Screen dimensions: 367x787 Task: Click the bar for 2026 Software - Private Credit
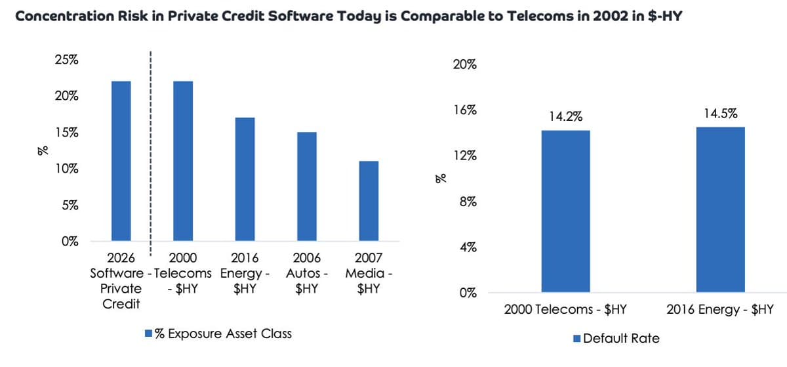tap(121, 161)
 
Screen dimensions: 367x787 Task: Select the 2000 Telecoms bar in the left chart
tap(183, 161)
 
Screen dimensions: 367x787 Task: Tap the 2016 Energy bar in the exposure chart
tap(245, 179)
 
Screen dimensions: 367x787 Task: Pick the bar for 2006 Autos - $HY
tap(306, 186)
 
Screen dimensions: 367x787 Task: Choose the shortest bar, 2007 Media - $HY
tap(369, 201)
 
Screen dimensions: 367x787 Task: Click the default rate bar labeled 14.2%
tap(566, 211)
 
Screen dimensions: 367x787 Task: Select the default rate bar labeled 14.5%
tap(719, 209)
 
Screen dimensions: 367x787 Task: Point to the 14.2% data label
tap(566, 117)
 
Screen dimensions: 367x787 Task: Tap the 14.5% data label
tap(719, 114)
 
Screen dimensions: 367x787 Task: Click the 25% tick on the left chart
tap(66, 60)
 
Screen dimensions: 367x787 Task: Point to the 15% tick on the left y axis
tap(66, 133)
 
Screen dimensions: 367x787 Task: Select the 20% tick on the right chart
tap(464, 65)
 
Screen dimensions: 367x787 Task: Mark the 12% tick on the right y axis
tap(464, 156)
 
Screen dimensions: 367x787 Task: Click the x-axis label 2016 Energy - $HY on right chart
tap(719, 310)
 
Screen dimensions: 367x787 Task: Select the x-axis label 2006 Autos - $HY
tap(306, 273)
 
